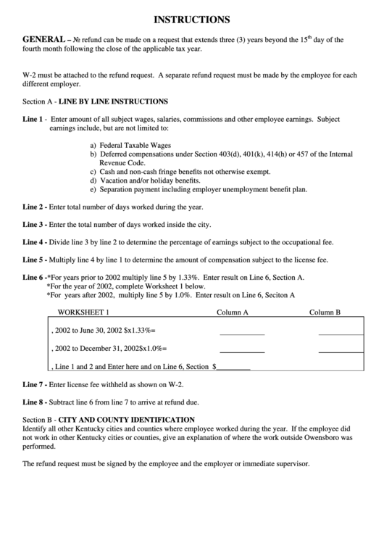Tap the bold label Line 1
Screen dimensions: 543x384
(x=33, y=118)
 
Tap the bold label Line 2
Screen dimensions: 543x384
(x=34, y=207)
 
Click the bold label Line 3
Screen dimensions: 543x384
(x=34, y=224)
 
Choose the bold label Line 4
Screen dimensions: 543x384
(x=34, y=241)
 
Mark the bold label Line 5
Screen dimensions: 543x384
(x=34, y=259)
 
